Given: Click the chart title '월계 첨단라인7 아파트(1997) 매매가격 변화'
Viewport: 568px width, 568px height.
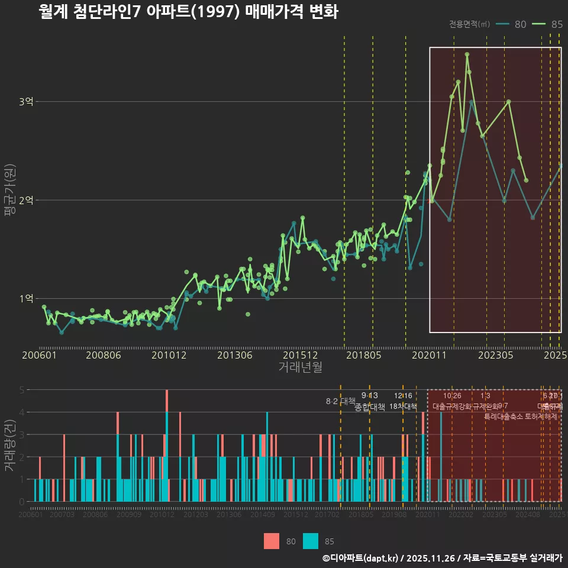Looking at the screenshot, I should click(188, 12).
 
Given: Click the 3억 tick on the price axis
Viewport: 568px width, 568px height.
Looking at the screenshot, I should click(25, 102).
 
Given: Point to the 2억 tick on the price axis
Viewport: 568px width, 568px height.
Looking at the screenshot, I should click(25, 200).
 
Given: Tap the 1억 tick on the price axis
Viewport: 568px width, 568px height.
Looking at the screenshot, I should click(25, 298).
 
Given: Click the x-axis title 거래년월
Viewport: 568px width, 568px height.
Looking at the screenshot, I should click(300, 367).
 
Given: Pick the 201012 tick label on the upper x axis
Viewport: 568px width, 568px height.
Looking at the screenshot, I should click(169, 355).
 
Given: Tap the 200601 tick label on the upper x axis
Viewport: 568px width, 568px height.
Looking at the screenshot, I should click(39, 355).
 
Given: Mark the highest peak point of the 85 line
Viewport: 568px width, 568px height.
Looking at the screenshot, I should click(467, 54).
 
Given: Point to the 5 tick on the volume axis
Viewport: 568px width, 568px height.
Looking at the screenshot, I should click(22, 390).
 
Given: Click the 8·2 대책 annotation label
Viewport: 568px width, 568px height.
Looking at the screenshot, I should click(340, 401).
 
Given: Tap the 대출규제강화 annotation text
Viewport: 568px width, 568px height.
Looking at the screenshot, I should click(452, 406).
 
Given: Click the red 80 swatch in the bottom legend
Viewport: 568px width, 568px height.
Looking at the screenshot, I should click(272, 541).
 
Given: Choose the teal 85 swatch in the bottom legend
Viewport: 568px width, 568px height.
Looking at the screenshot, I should click(311, 541).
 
